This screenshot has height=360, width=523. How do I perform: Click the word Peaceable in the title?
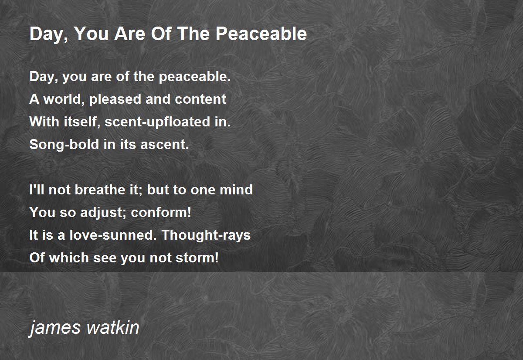261,34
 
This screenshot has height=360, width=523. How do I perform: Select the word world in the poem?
64,99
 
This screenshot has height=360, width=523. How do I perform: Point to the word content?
200,99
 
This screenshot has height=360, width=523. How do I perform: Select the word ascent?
165,144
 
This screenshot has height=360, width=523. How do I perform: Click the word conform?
161,212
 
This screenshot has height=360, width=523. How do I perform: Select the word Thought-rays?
206,235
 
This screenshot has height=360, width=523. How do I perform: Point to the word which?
69,258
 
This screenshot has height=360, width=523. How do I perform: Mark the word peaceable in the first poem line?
195,77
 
